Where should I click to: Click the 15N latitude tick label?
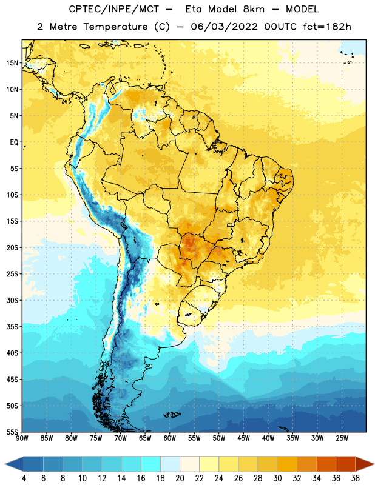(x=12, y=63)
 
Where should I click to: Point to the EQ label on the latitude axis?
(x=14, y=142)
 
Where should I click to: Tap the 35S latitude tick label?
(x=12, y=327)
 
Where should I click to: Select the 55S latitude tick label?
(x=12, y=432)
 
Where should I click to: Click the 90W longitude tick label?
(x=22, y=438)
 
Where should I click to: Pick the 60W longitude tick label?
(x=170, y=438)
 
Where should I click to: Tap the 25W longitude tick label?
(x=342, y=438)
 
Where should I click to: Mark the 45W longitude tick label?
(x=244, y=438)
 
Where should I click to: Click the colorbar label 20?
(x=180, y=478)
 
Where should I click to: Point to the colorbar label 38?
(x=356, y=478)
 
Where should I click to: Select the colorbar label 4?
(x=24, y=478)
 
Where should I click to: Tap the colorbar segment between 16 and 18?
(x=150, y=464)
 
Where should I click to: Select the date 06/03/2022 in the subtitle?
(x=224, y=27)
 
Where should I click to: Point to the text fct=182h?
(x=327, y=27)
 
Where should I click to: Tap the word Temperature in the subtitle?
(x=115, y=27)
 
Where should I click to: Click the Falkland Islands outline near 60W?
(x=172, y=415)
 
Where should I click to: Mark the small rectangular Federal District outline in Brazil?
(x=230, y=225)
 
